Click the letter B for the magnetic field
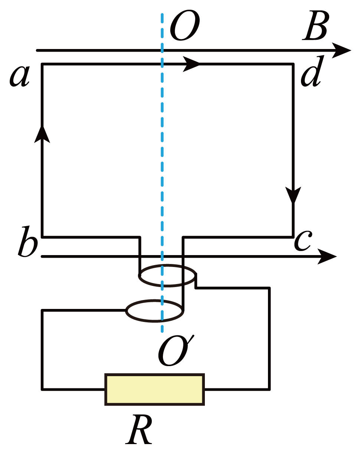click(x=315, y=26)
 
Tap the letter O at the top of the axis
click(x=184, y=25)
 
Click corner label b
click(x=27, y=241)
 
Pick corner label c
click(x=303, y=241)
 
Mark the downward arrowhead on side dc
click(x=293, y=195)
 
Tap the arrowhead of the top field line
click(x=341, y=50)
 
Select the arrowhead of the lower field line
click(x=327, y=257)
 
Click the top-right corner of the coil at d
click(x=293, y=64)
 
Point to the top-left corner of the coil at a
click(x=42, y=64)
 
